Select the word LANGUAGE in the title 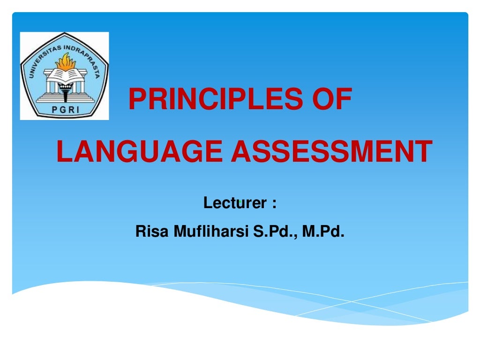139,152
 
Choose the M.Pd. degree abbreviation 323,231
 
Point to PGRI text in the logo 64,110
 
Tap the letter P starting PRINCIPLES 136,100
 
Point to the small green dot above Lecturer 239,201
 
